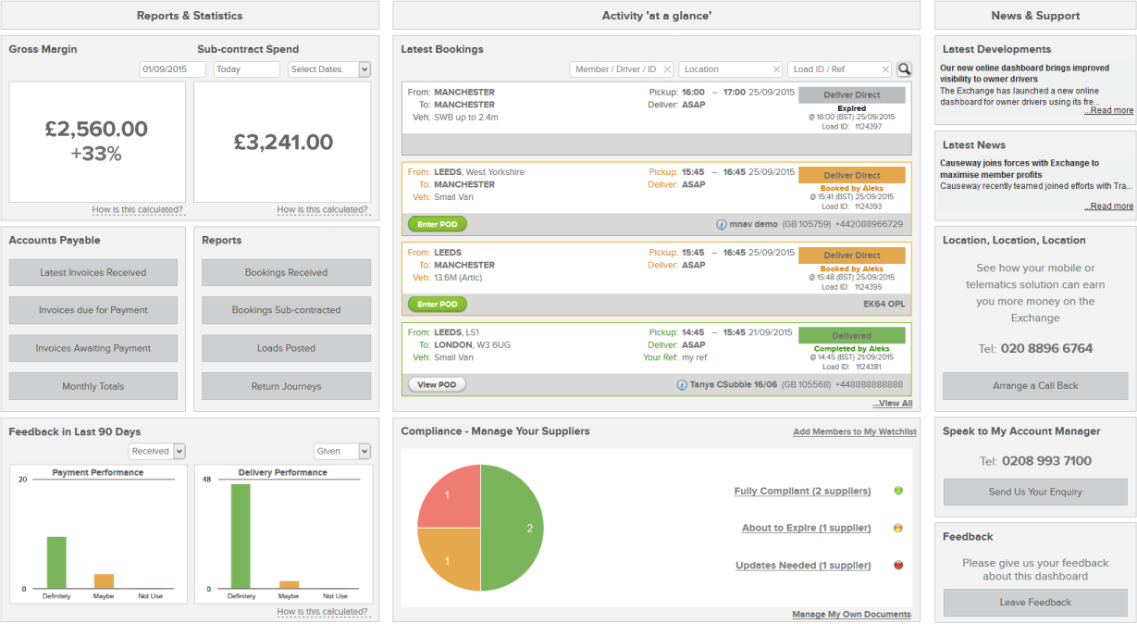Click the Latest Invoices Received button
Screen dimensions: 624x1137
click(93, 272)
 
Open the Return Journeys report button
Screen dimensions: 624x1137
click(286, 386)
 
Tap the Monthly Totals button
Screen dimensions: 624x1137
click(93, 386)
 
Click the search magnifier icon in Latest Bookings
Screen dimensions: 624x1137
click(904, 69)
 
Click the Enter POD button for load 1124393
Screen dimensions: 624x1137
click(437, 224)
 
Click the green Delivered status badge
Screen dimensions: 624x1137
click(851, 336)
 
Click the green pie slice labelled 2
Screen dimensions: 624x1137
click(512, 528)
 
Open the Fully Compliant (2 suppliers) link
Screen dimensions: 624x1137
click(802, 491)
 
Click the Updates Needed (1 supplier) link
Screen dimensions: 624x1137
click(803, 565)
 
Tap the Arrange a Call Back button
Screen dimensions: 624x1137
click(1034, 386)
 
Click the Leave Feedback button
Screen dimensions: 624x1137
click(1034, 603)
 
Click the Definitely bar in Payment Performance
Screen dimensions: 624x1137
click(56, 563)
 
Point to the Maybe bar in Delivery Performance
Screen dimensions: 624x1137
click(290, 584)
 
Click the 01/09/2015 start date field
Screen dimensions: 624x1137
click(172, 69)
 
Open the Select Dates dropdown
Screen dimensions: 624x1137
click(328, 69)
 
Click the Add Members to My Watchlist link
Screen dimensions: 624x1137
click(854, 432)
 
